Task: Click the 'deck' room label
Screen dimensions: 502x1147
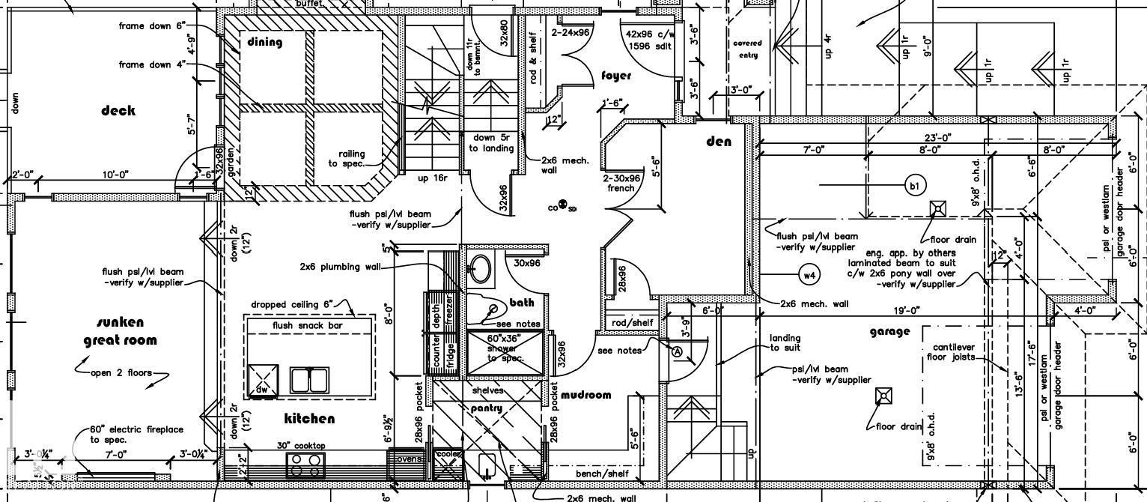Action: [x=118, y=111]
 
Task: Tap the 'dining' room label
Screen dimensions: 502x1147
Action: [x=265, y=42]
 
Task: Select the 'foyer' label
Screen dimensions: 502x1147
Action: [x=616, y=76]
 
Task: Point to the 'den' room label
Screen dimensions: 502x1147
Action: [x=719, y=142]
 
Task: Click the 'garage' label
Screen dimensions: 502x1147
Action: [x=890, y=331]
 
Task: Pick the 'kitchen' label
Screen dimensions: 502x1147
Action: [x=309, y=418]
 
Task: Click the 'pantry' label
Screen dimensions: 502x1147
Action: [x=486, y=408]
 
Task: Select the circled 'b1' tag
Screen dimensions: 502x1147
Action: [x=915, y=185]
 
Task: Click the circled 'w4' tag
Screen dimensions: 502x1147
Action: [x=809, y=275]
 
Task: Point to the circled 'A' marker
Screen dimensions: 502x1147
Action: [x=678, y=352]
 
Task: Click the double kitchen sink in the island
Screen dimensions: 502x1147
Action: [x=310, y=380]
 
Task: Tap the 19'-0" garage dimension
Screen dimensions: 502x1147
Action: [x=907, y=310]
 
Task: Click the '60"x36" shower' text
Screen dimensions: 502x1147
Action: [x=502, y=348]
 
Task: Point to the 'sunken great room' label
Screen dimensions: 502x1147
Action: [x=121, y=331]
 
